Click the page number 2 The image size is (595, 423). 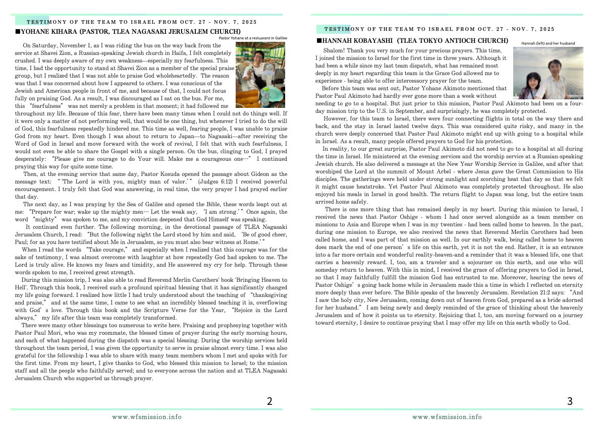269,401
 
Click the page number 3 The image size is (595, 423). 570,401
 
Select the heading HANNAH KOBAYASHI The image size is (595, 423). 359,40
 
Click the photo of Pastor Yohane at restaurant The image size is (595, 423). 260,75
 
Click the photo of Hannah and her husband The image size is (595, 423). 548,73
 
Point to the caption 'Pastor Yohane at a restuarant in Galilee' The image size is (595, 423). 253,38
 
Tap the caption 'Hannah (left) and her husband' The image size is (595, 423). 548,43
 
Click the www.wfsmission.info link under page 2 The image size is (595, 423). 146,417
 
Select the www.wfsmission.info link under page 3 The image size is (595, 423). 447,417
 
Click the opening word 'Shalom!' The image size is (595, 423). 334,50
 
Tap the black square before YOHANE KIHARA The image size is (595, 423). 18,32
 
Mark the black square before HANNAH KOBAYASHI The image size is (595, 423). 318,40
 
